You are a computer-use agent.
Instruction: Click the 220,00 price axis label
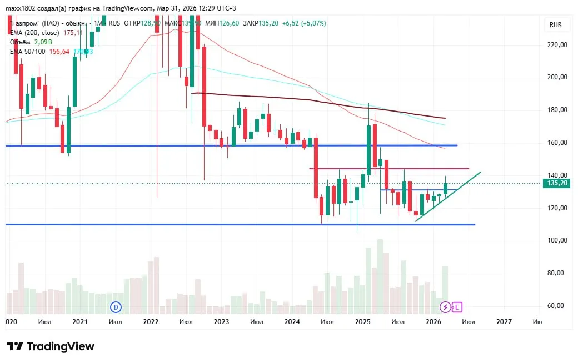[556, 45]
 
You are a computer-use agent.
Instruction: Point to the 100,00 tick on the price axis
[556, 240]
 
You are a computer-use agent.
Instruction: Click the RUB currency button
[555, 25]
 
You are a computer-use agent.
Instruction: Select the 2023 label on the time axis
[221, 321]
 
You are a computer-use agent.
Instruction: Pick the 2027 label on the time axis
[504, 321]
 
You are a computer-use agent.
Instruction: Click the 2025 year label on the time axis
[362, 321]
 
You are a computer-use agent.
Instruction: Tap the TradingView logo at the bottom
[51, 346]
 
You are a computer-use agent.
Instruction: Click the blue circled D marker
[116, 306]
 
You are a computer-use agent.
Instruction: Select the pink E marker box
[457, 306]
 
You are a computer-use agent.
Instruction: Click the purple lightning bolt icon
[446, 306]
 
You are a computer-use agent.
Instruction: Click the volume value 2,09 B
[43, 42]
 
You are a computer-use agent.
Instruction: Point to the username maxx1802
[21, 8]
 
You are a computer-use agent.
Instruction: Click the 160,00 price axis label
[556, 143]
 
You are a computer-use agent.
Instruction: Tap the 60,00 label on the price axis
[556, 306]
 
